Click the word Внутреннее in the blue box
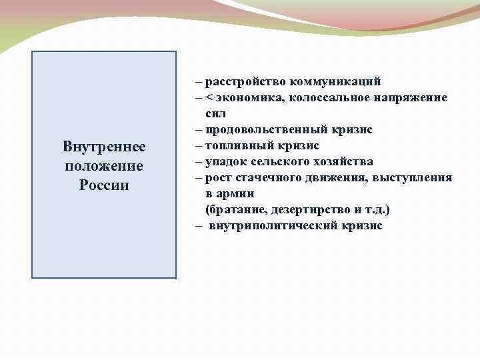103,146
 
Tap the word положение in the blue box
103,165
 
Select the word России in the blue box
103,185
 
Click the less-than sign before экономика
209,98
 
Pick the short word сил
216,114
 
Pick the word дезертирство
314,210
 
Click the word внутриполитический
273,226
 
